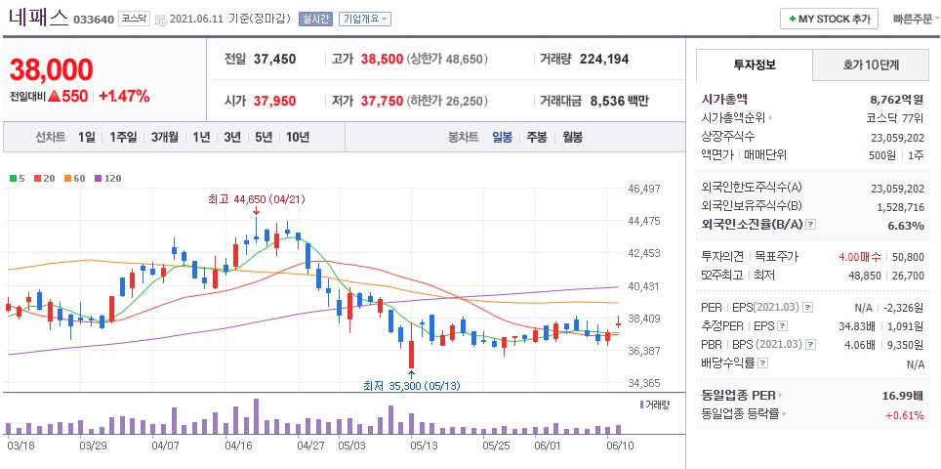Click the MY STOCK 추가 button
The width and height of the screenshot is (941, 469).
click(829, 19)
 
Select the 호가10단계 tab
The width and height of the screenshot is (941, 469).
click(871, 65)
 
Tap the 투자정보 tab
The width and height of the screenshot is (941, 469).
click(754, 65)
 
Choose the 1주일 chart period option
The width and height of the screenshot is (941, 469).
click(124, 137)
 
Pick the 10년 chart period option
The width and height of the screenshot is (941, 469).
click(297, 137)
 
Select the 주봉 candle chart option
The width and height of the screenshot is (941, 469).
click(537, 137)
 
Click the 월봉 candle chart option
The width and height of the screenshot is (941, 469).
click(572, 137)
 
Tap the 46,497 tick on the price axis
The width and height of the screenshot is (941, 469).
click(645, 189)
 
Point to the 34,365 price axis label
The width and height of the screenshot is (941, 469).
click(645, 383)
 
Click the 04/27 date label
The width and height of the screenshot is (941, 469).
click(309, 445)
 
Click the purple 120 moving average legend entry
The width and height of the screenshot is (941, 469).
click(108, 178)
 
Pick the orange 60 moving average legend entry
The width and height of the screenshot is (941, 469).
click(78, 178)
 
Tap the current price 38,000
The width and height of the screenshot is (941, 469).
click(51, 70)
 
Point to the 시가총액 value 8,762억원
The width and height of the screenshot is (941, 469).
click(896, 99)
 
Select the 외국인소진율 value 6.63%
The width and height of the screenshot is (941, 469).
click(905, 226)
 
